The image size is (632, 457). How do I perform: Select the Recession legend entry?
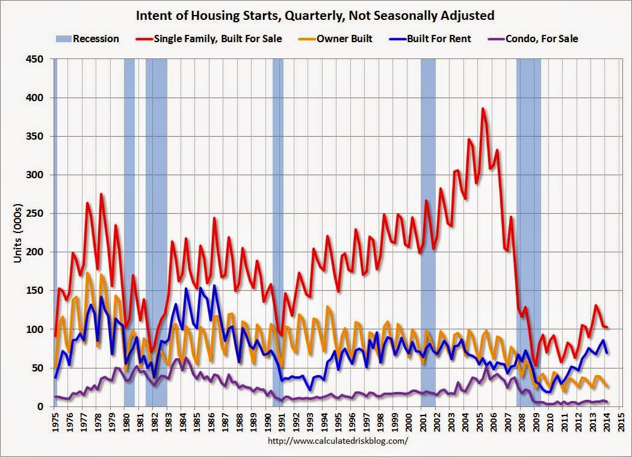point(95,39)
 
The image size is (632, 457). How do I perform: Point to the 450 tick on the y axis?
point(37,59)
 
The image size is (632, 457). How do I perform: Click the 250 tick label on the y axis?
point(37,213)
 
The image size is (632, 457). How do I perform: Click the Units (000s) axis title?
point(17,232)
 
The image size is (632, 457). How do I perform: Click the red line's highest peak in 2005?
point(483,109)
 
